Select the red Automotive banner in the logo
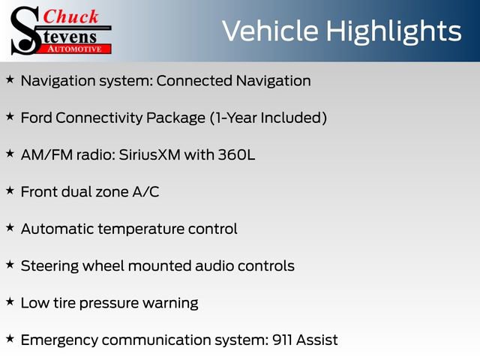74,48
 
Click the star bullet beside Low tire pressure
10,302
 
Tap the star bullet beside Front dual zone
10,191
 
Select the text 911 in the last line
279,340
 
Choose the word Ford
36,118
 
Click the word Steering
49,266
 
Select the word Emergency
59,340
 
